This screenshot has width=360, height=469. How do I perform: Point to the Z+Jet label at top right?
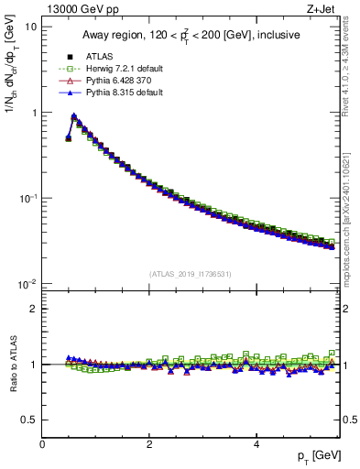click(x=323, y=10)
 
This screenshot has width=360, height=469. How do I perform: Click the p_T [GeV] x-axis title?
click(x=313, y=455)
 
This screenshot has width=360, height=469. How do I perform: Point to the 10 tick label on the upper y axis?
click(x=31, y=27)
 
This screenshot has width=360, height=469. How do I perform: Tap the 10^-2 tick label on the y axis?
click(x=27, y=284)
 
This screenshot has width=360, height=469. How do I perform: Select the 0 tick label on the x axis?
click(x=42, y=443)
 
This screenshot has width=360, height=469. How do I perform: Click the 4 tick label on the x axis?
click(x=256, y=443)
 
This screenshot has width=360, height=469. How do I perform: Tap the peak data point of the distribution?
click(x=74, y=116)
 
